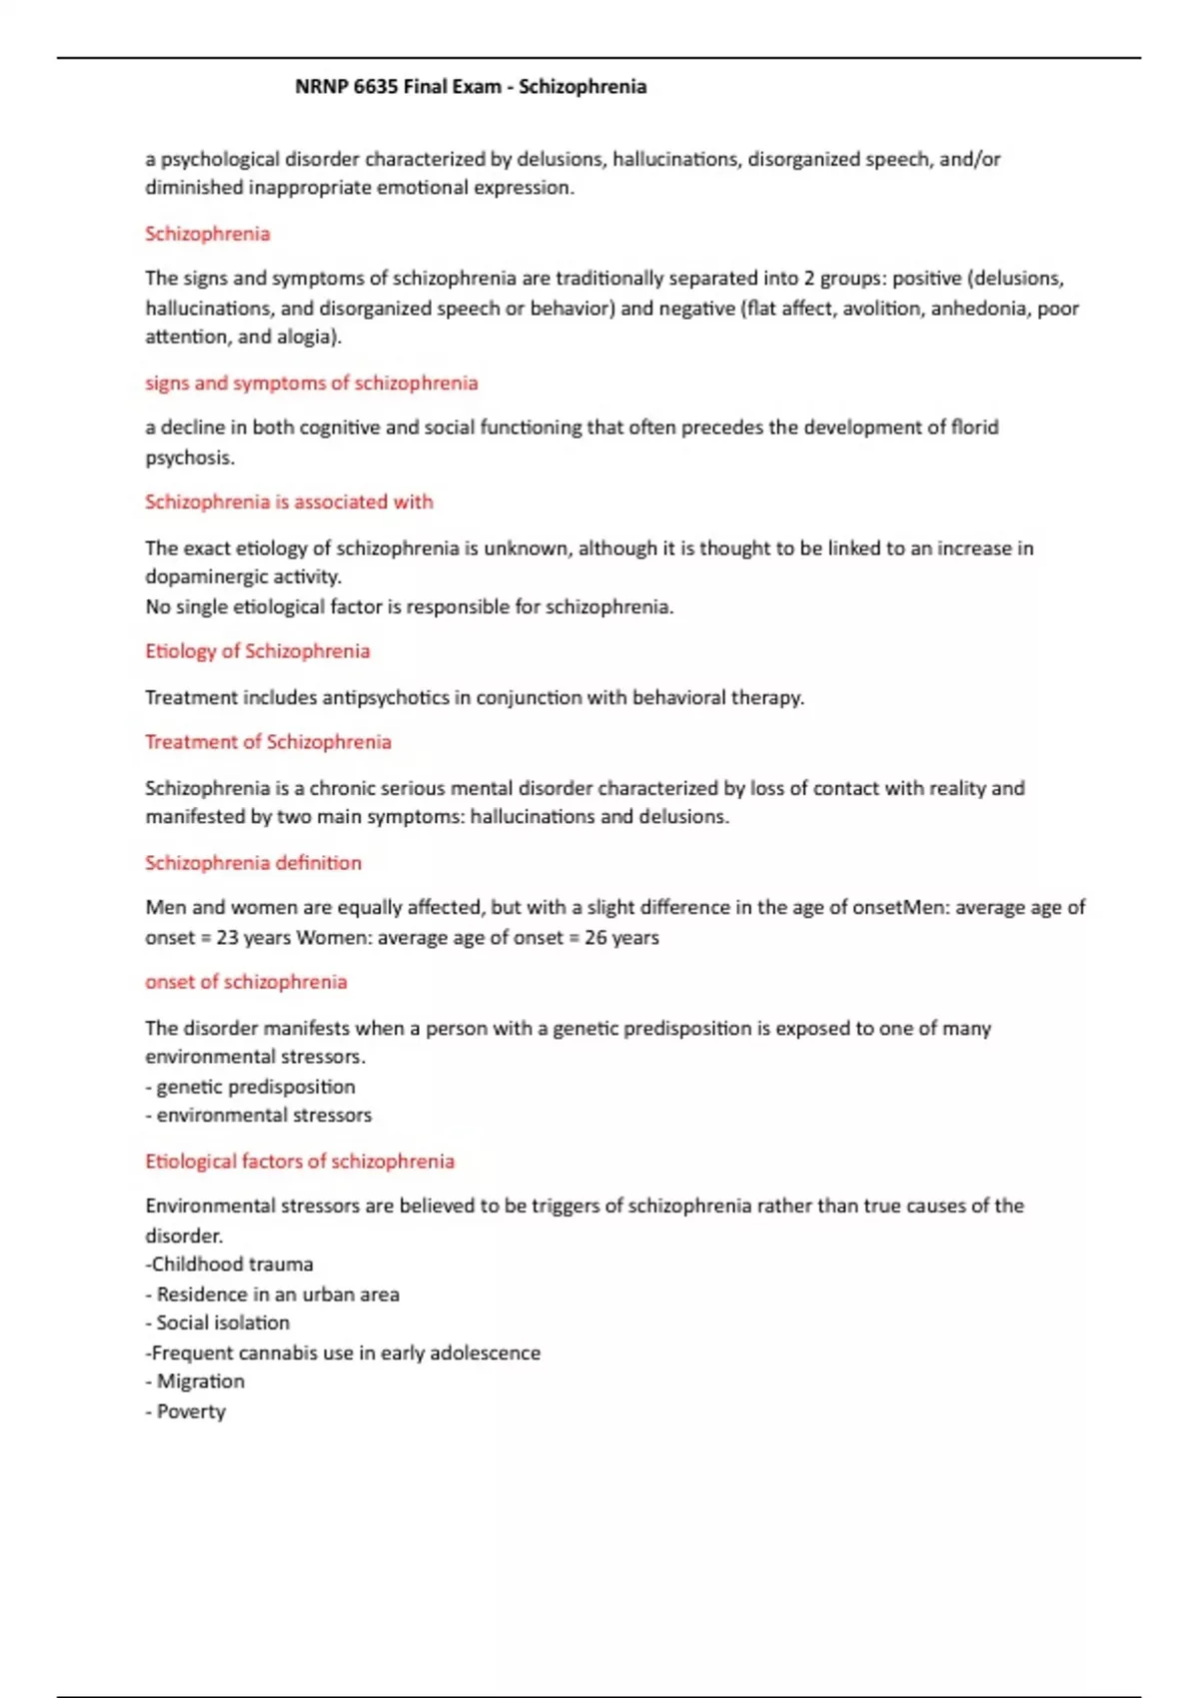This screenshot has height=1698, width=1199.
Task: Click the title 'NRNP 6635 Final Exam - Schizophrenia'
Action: click(471, 87)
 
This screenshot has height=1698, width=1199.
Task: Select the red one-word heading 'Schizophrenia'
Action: click(208, 234)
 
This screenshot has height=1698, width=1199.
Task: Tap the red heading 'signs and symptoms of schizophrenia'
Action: click(312, 383)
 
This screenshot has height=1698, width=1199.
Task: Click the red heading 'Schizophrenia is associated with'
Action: click(289, 501)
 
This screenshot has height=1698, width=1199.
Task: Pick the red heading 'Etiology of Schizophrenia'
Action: click(258, 651)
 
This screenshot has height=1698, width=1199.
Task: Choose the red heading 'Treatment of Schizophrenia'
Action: click(268, 742)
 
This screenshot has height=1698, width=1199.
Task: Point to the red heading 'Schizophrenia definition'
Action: click(254, 863)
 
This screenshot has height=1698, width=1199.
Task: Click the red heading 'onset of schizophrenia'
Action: click(246, 982)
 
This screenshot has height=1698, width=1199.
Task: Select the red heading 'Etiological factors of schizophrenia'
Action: click(300, 1162)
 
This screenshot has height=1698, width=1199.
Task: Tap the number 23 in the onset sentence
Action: click(227, 938)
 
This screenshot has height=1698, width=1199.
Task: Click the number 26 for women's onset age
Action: click(596, 938)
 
